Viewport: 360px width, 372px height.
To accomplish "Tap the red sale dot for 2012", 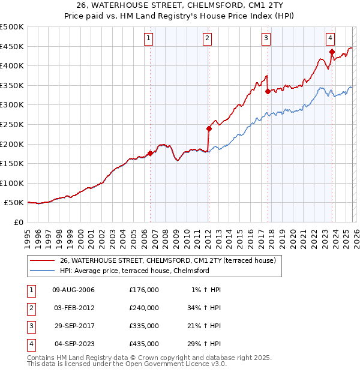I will click(209, 128).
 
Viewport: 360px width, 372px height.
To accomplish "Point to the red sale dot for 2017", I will click(268, 92).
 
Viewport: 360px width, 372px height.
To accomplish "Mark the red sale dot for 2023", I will click(331, 52).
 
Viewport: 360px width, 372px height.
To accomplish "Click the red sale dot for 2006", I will click(150, 153).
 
